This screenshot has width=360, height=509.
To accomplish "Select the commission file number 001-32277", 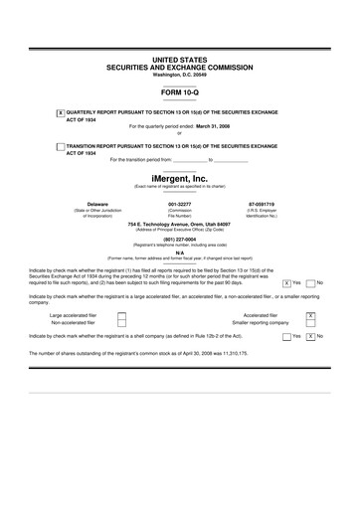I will [180, 204].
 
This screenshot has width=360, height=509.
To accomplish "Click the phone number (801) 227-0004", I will [180, 238].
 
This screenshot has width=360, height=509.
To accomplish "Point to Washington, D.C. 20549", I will [180, 75].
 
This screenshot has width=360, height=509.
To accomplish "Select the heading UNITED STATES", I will [180, 61].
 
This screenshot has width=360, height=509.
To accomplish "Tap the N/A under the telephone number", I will [180, 252].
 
